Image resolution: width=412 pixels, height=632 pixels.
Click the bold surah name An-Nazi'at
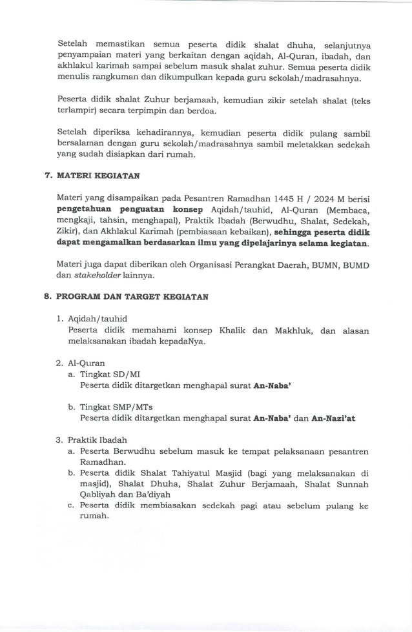click(333, 418)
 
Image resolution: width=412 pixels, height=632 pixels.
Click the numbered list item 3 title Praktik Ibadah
click(97, 440)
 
